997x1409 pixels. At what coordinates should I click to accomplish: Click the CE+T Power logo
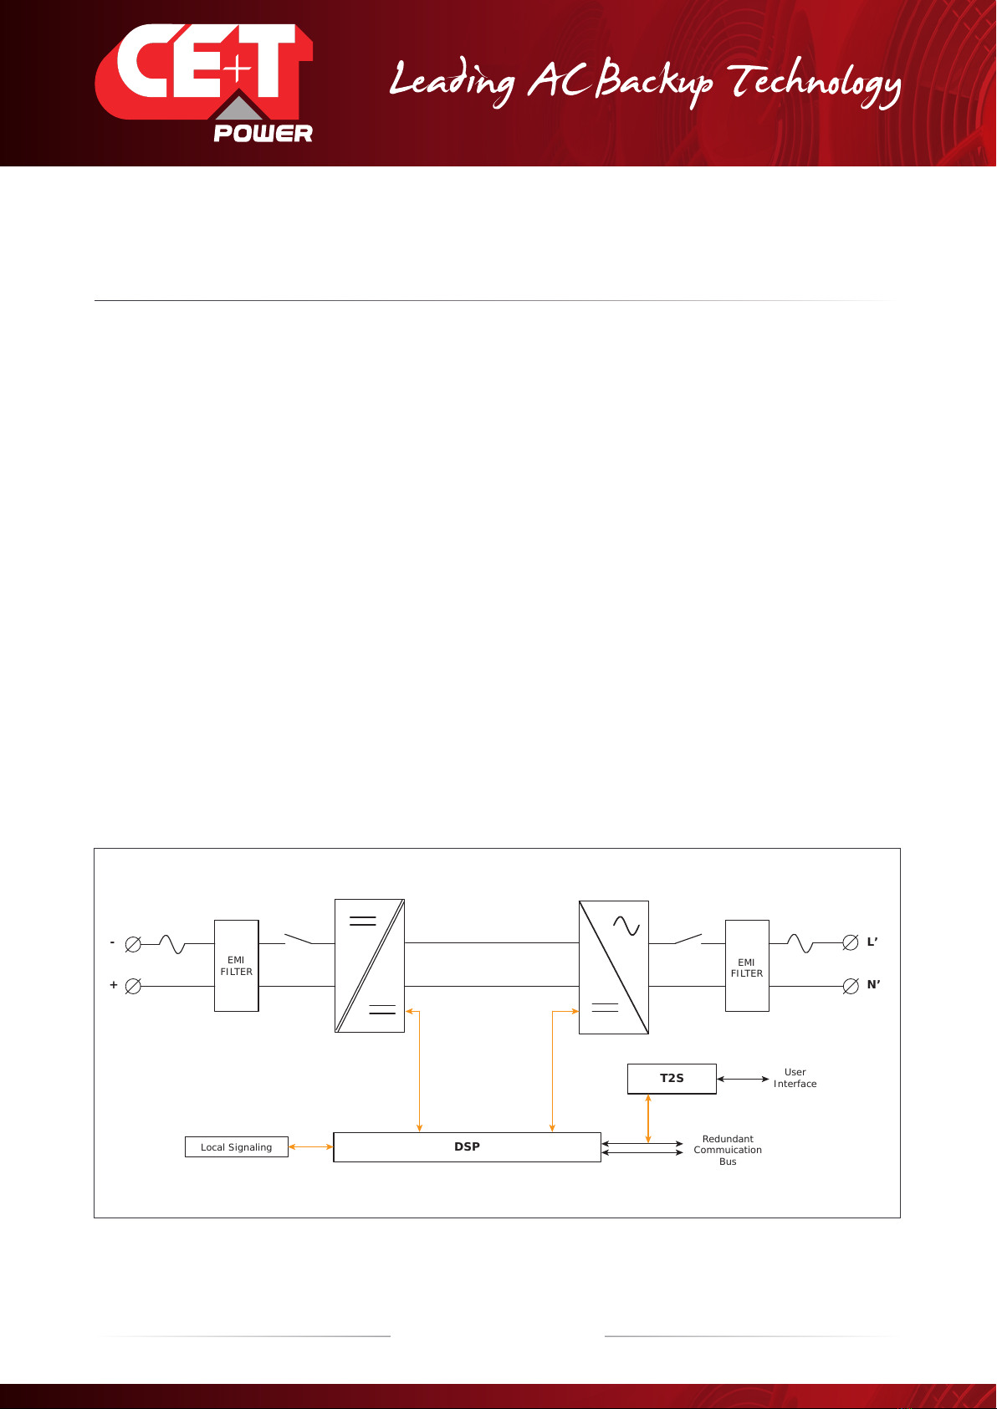click(x=204, y=83)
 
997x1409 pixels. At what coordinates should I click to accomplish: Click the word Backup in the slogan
click(x=654, y=83)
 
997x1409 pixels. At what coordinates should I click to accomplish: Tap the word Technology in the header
click(x=815, y=83)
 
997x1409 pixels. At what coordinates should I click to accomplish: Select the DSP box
click(x=467, y=1146)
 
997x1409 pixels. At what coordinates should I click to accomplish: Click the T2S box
click(x=672, y=1079)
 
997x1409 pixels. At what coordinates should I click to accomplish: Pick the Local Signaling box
click(x=237, y=1146)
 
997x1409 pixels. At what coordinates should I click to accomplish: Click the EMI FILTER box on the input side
click(x=237, y=966)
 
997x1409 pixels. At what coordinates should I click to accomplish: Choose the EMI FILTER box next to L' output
click(x=747, y=966)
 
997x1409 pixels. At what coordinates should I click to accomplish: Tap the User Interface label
click(x=795, y=1078)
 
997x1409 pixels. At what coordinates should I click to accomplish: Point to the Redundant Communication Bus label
click(x=728, y=1151)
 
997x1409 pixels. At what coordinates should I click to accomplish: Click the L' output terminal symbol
click(x=851, y=943)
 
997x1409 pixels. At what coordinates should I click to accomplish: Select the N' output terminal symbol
click(x=851, y=987)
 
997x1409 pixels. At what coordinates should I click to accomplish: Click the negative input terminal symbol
click(x=133, y=944)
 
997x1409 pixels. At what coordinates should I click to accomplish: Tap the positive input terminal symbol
click(x=133, y=987)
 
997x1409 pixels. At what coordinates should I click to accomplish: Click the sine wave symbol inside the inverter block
click(x=626, y=926)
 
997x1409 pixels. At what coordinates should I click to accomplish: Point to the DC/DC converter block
click(x=369, y=966)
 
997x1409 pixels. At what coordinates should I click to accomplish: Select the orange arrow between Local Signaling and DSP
click(x=311, y=1146)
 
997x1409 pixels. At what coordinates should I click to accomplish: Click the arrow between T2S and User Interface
click(x=743, y=1079)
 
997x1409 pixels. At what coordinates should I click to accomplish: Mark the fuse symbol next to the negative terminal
click(x=171, y=944)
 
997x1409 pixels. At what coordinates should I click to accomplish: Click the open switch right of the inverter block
click(x=688, y=939)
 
